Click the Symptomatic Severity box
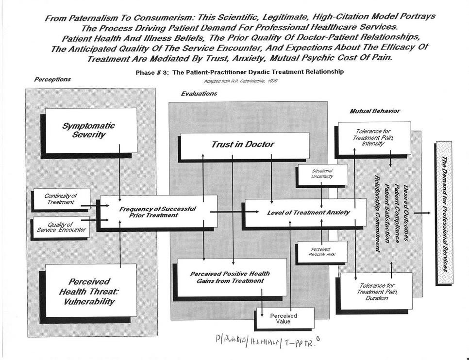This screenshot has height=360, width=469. (x=91, y=130)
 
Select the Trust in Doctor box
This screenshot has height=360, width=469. (x=243, y=145)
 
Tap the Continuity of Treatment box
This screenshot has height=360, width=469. (x=61, y=198)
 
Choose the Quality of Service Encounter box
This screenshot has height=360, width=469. (x=60, y=227)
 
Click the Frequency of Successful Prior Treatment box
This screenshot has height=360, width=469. (x=158, y=212)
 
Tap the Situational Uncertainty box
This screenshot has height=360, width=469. (x=322, y=174)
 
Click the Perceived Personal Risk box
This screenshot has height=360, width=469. (x=322, y=251)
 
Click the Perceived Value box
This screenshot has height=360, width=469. (x=284, y=318)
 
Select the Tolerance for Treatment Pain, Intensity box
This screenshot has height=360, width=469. (x=373, y=137)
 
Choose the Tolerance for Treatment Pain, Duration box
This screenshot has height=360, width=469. (x=376, y=291)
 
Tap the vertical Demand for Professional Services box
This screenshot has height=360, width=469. (x=444, y=213)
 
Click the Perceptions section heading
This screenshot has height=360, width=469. (x=52, y=80)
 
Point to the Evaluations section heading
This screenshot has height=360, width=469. (x=199, y=94)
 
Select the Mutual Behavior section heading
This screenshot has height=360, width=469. (x=374, y=111)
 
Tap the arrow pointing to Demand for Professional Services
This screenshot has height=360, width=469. (x=422, y=213)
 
